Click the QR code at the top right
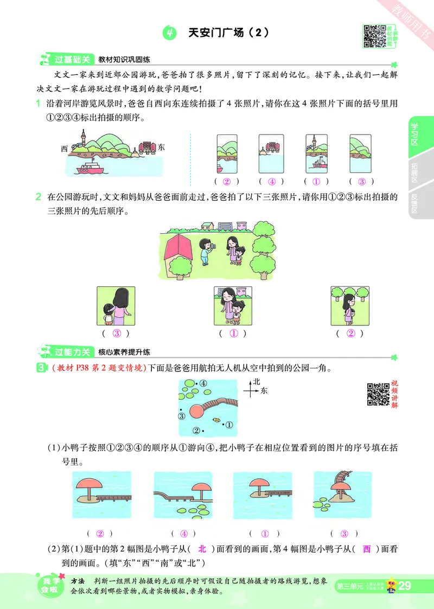(374, 35)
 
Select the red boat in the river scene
(90, 168)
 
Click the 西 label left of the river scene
(65, 148)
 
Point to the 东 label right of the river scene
(161, 147)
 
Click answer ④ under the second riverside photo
(272, 182)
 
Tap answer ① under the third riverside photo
(317, 182)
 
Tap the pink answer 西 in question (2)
(366, 549)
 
